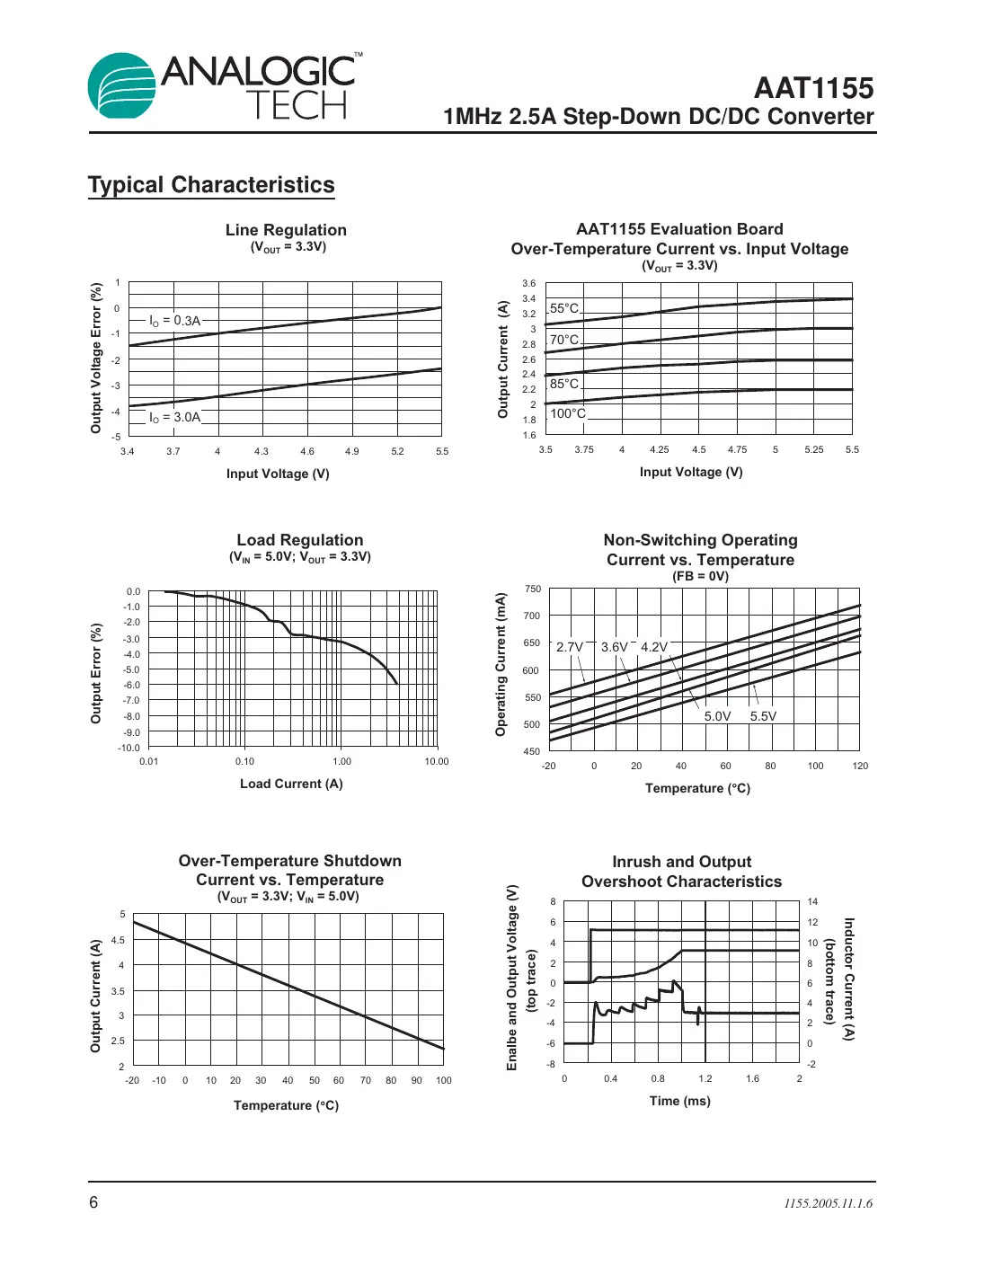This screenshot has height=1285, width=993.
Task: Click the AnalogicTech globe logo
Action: point(122,85)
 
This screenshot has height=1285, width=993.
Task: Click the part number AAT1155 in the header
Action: point(813,88)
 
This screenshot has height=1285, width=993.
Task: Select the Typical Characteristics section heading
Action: point(211,185)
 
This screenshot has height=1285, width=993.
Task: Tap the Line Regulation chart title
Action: point(286,230)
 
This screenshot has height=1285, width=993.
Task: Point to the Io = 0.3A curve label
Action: point(175,321)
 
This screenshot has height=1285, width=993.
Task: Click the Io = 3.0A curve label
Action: point(175,417)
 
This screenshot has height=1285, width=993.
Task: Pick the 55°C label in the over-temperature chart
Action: point(564,308)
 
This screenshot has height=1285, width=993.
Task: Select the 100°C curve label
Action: point(568,413)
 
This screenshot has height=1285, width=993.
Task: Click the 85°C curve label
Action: point(564,384)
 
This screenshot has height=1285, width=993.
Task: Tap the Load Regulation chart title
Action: point(300,540)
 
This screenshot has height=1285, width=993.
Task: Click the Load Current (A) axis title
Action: point(291,784)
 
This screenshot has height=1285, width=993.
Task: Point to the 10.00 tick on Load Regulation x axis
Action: point(437,761)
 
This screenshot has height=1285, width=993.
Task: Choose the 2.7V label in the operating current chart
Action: point(570,647)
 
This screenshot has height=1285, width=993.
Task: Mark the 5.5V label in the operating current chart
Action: point(763,716)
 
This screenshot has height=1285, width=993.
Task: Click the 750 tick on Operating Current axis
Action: point(533,589)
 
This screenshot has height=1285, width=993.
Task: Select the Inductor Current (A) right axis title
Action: point(848,979)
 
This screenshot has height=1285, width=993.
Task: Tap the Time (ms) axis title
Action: point(680,1101)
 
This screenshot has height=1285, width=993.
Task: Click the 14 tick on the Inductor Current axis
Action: point(812,901)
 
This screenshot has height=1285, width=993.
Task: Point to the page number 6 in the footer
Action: point(93,1202)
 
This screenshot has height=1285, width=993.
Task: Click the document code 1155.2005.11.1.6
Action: point(828,1203)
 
